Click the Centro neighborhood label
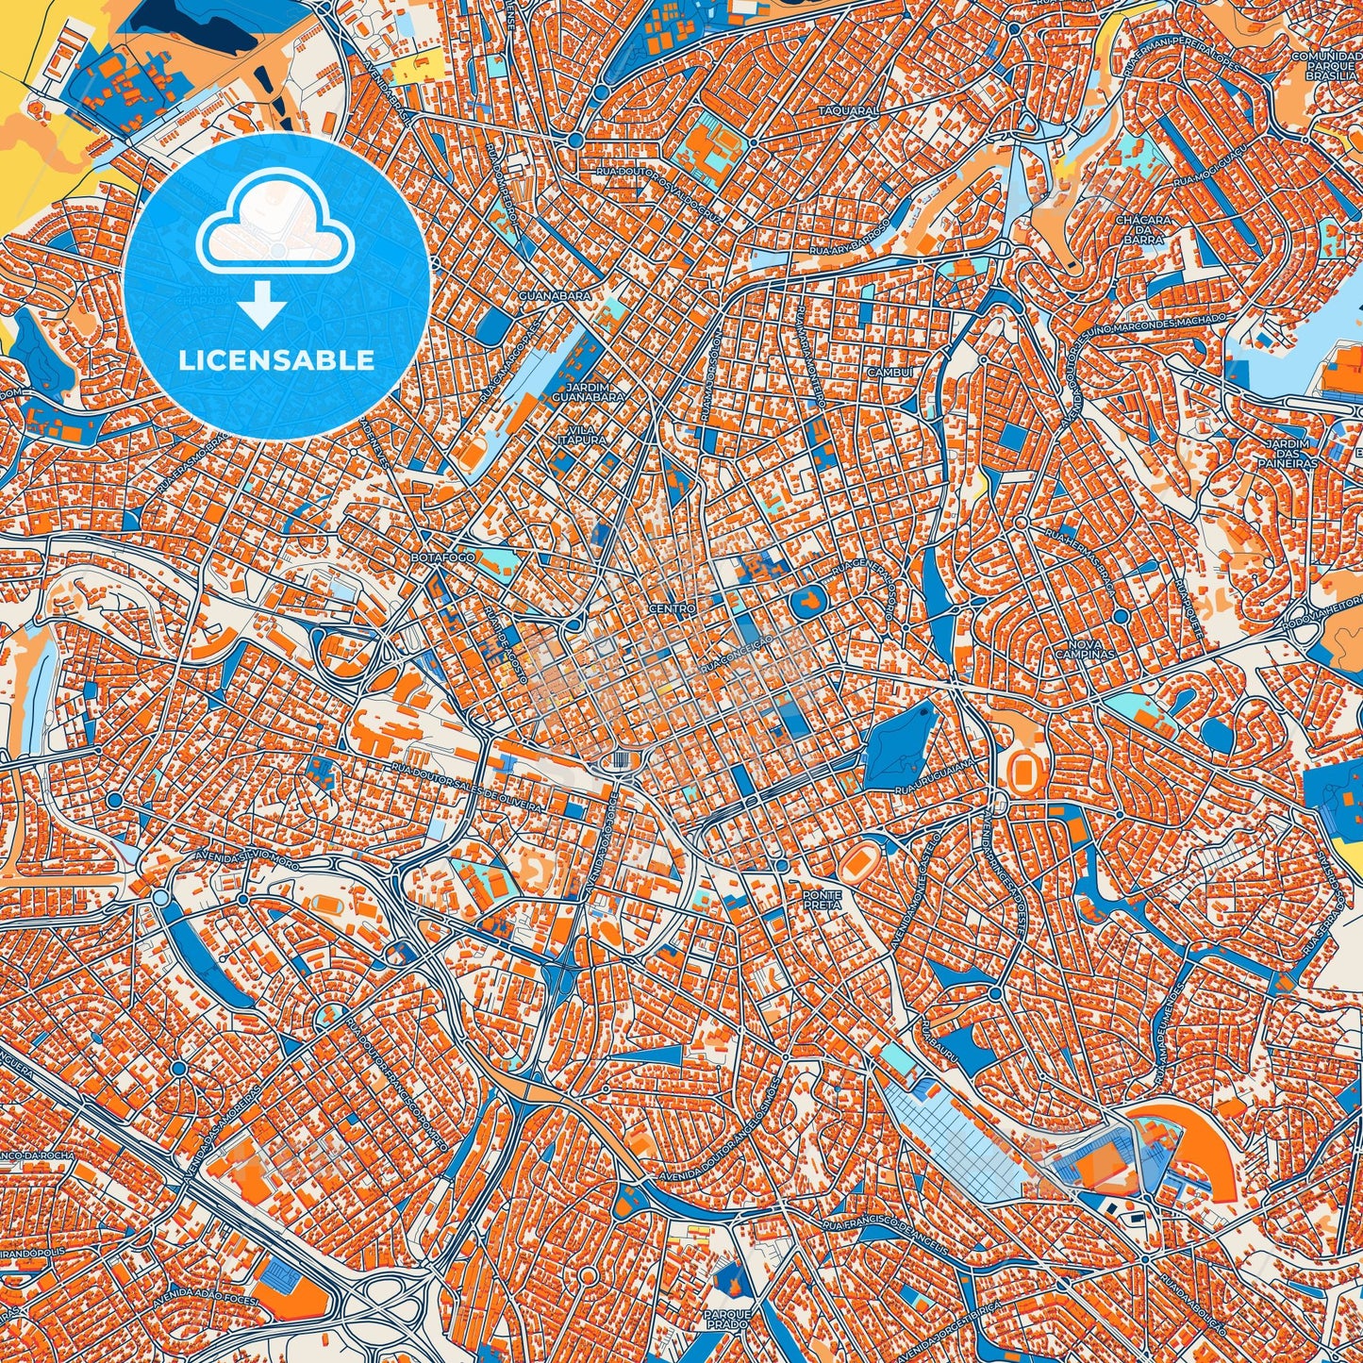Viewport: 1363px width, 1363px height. point(672,609)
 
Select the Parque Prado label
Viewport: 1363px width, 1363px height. point(726,1317)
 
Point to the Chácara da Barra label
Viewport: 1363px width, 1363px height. point(1143,229)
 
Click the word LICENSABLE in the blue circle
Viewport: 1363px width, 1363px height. point(277,359)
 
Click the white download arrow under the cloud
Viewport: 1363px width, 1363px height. point(263,306)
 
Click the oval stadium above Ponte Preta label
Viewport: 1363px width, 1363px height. point(856,858)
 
